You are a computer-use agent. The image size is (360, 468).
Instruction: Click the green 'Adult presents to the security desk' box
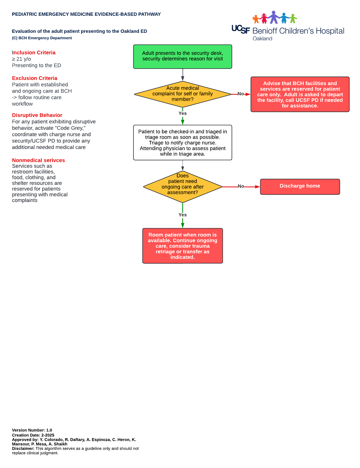click(183, 57)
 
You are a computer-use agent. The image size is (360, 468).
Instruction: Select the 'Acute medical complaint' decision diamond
click(183, 94)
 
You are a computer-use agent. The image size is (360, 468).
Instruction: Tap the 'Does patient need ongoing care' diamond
click(183, 187)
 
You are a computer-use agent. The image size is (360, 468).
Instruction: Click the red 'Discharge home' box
click(300, 187)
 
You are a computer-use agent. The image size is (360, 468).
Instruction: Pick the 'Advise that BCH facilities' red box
click(300, 94)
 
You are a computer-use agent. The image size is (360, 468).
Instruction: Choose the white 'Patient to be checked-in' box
click(183, 142)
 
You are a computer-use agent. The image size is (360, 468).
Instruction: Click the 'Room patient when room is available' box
click(183, 246)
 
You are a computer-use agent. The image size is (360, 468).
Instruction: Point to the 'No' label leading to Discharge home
click(241, 186)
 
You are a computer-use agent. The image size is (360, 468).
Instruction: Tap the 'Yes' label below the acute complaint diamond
click(183, 113)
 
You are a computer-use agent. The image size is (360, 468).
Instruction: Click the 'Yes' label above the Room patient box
click(183, 215)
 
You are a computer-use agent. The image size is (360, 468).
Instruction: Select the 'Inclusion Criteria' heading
click(34, 53)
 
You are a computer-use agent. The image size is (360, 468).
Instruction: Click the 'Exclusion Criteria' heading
click(35, 78)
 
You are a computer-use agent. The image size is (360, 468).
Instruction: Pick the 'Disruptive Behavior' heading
click(37, 115)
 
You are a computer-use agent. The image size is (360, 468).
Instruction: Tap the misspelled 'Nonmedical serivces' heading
click(38, 160)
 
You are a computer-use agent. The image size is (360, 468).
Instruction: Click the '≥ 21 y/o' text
click(21, 59)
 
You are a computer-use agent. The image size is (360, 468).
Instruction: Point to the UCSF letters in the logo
click(241, 29)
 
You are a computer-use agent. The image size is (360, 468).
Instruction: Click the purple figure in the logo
click(274, 17)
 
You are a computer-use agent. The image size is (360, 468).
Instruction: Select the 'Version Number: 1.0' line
click(32, 430)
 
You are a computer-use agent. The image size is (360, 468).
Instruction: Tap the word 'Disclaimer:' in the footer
click(23, 449)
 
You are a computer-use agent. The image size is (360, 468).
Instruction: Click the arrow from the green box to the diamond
click(183, 75)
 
